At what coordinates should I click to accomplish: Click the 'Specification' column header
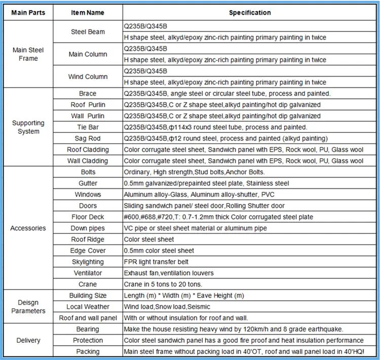pyautogui.click(x=249, y=13)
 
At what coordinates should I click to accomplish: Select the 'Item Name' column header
pyautogui.click(x=88, y=13)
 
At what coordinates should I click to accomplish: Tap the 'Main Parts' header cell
pyautogui.click(x=28, y=13)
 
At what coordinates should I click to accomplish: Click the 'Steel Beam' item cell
pyautogui.click(x=88, y=32)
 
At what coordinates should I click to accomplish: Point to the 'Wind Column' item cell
pyautogui.click(x=88, y=77)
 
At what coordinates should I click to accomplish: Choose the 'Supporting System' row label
pyautogui.click(x=28, y=127)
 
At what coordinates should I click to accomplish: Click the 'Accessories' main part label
pyautogui.click(x=28, y=228)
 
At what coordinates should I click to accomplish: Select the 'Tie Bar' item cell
pyautogui.click(x=88, y=127)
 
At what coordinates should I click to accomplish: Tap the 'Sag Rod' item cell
pyautogui.click(x=88, y=138)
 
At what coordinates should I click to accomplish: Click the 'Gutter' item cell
pyautogui.click(x=88, y=183)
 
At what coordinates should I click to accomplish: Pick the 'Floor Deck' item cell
pyautogui.click(x=88, y=217)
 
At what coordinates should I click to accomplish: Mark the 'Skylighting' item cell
pyautogui.click(x=88, y=262)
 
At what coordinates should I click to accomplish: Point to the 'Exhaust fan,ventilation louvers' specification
pyautogui.click(x=169, y=273)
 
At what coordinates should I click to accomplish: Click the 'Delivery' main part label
pyautogui.click(x=28, y=340)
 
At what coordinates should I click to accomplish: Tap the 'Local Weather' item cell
pyautogui.click(x=88, y=307)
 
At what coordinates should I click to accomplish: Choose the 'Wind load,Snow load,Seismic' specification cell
pyautogui.click(x=167, y=307)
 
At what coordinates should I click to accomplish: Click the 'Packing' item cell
pyautogui.click(x=88, y=351)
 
